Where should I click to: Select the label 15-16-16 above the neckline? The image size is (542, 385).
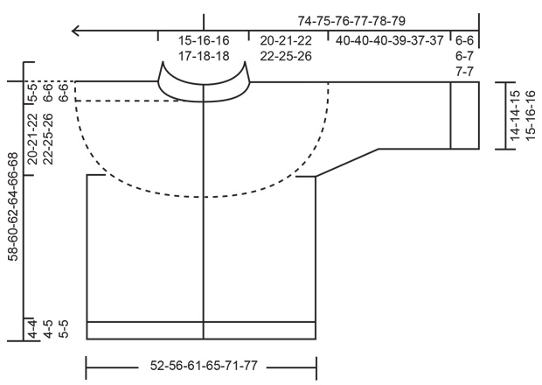[204, 41]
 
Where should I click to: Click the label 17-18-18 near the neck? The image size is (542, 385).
[204, 56]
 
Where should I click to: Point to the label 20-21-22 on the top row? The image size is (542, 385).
[287, 41]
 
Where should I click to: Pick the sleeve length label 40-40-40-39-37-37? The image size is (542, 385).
[388, 41]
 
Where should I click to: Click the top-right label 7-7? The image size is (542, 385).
[464, 71]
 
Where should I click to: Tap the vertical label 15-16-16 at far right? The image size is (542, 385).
[530, 115]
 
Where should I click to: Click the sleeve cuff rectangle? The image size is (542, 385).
[465, 115]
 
